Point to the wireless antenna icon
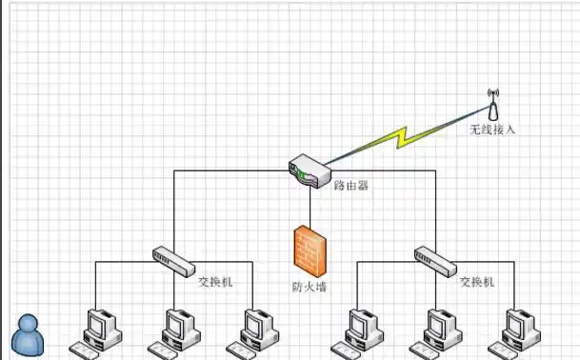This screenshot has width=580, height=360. click(x=493, y=103)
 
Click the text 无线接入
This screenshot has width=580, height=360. click(x=492, y=130)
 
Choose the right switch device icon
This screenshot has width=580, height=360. click(x=435, y=257)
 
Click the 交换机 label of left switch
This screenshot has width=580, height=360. click(x=214, y=283)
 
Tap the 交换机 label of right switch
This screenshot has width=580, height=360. click(x=477, y=283)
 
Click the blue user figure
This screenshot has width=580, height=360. click(x=28, y=334)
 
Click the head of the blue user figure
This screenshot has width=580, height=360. click(x=29, y=322)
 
